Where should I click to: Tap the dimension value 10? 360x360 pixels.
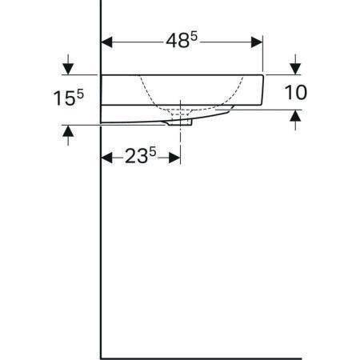coord(295,92)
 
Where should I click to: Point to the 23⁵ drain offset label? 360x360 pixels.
coord(141,157)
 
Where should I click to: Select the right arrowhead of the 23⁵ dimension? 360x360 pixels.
coord(175,157)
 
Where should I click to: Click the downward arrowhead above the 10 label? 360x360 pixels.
coord(296,67)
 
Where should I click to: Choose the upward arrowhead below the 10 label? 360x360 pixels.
coord(296,117)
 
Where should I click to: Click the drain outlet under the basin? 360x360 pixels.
coord(182,123)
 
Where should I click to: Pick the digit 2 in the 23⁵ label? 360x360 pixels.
coord(131,158)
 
